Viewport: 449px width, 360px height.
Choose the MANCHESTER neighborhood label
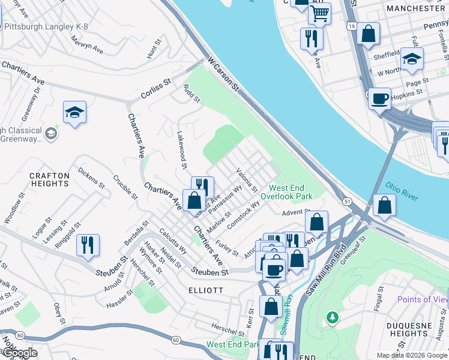416,8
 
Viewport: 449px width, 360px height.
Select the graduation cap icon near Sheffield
412,59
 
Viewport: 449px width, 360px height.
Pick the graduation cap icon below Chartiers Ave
74,112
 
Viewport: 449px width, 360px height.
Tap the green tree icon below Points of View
331,316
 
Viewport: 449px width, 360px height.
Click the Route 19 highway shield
351,26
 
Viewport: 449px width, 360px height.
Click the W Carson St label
223,75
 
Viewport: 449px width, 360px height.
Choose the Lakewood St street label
182,151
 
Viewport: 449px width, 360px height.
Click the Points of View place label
423,299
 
